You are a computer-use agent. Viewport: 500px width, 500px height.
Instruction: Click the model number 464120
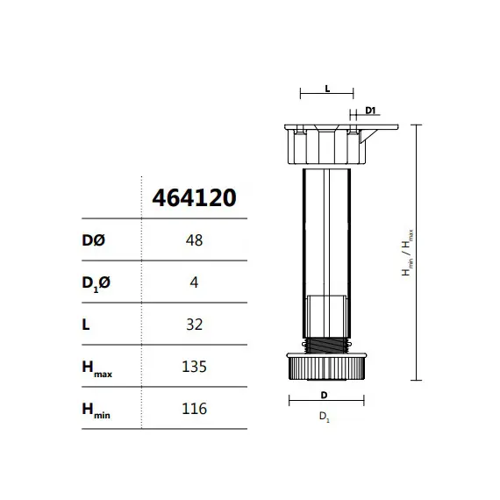tap(194, 197)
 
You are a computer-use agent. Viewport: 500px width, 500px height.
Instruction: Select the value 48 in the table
tap(195, 240)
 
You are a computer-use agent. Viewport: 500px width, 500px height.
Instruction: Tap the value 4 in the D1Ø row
tap(195, 282)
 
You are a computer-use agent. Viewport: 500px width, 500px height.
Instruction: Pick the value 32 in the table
tap(195, 325)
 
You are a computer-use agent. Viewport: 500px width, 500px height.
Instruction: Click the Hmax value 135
tap(195, 367)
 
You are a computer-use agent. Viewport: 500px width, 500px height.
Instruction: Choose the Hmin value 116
tap(195, 409)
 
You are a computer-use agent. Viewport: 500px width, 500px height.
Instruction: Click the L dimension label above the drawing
tap(326, 89)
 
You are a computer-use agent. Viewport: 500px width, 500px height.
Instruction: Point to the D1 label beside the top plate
tap(369, 111)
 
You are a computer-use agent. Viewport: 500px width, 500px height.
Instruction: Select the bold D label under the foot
tap(324, 394)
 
